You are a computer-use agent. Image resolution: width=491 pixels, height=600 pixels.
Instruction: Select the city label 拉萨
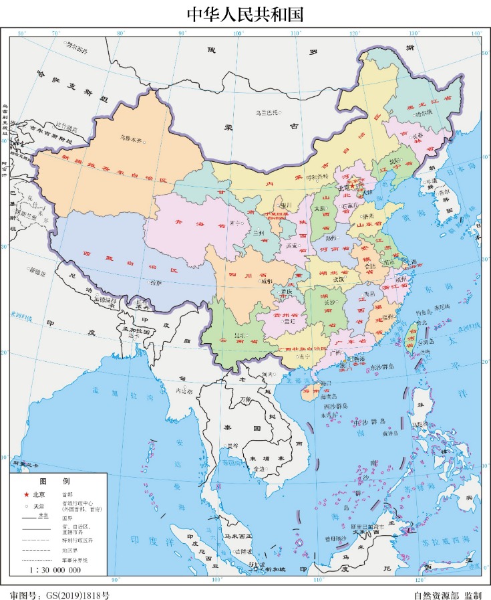[155, 283]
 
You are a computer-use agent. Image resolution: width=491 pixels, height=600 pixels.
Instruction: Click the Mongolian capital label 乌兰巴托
[267, 112]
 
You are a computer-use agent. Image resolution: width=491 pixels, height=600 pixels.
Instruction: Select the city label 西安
[292, 246]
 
